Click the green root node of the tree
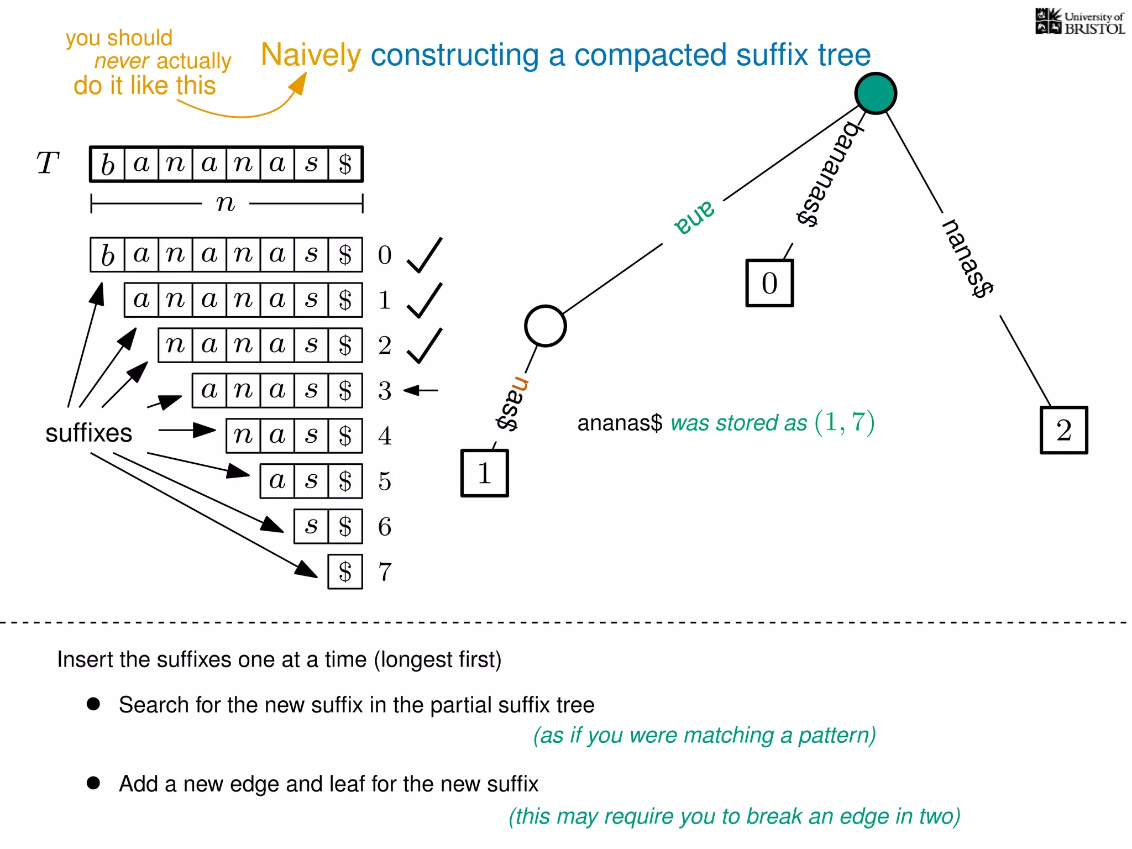876,93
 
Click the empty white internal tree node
545,326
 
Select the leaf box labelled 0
769,283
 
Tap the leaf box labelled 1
484,473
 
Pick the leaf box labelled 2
1063,430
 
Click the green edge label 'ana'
694,217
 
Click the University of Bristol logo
1079,22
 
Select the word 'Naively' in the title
311,55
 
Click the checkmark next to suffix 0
424,255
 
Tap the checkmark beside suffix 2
424,346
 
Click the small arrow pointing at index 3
421,390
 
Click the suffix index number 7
385,572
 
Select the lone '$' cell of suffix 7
345,572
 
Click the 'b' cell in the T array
107,164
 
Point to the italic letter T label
48,163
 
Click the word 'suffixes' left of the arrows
88,433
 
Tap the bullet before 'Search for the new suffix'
93,704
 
